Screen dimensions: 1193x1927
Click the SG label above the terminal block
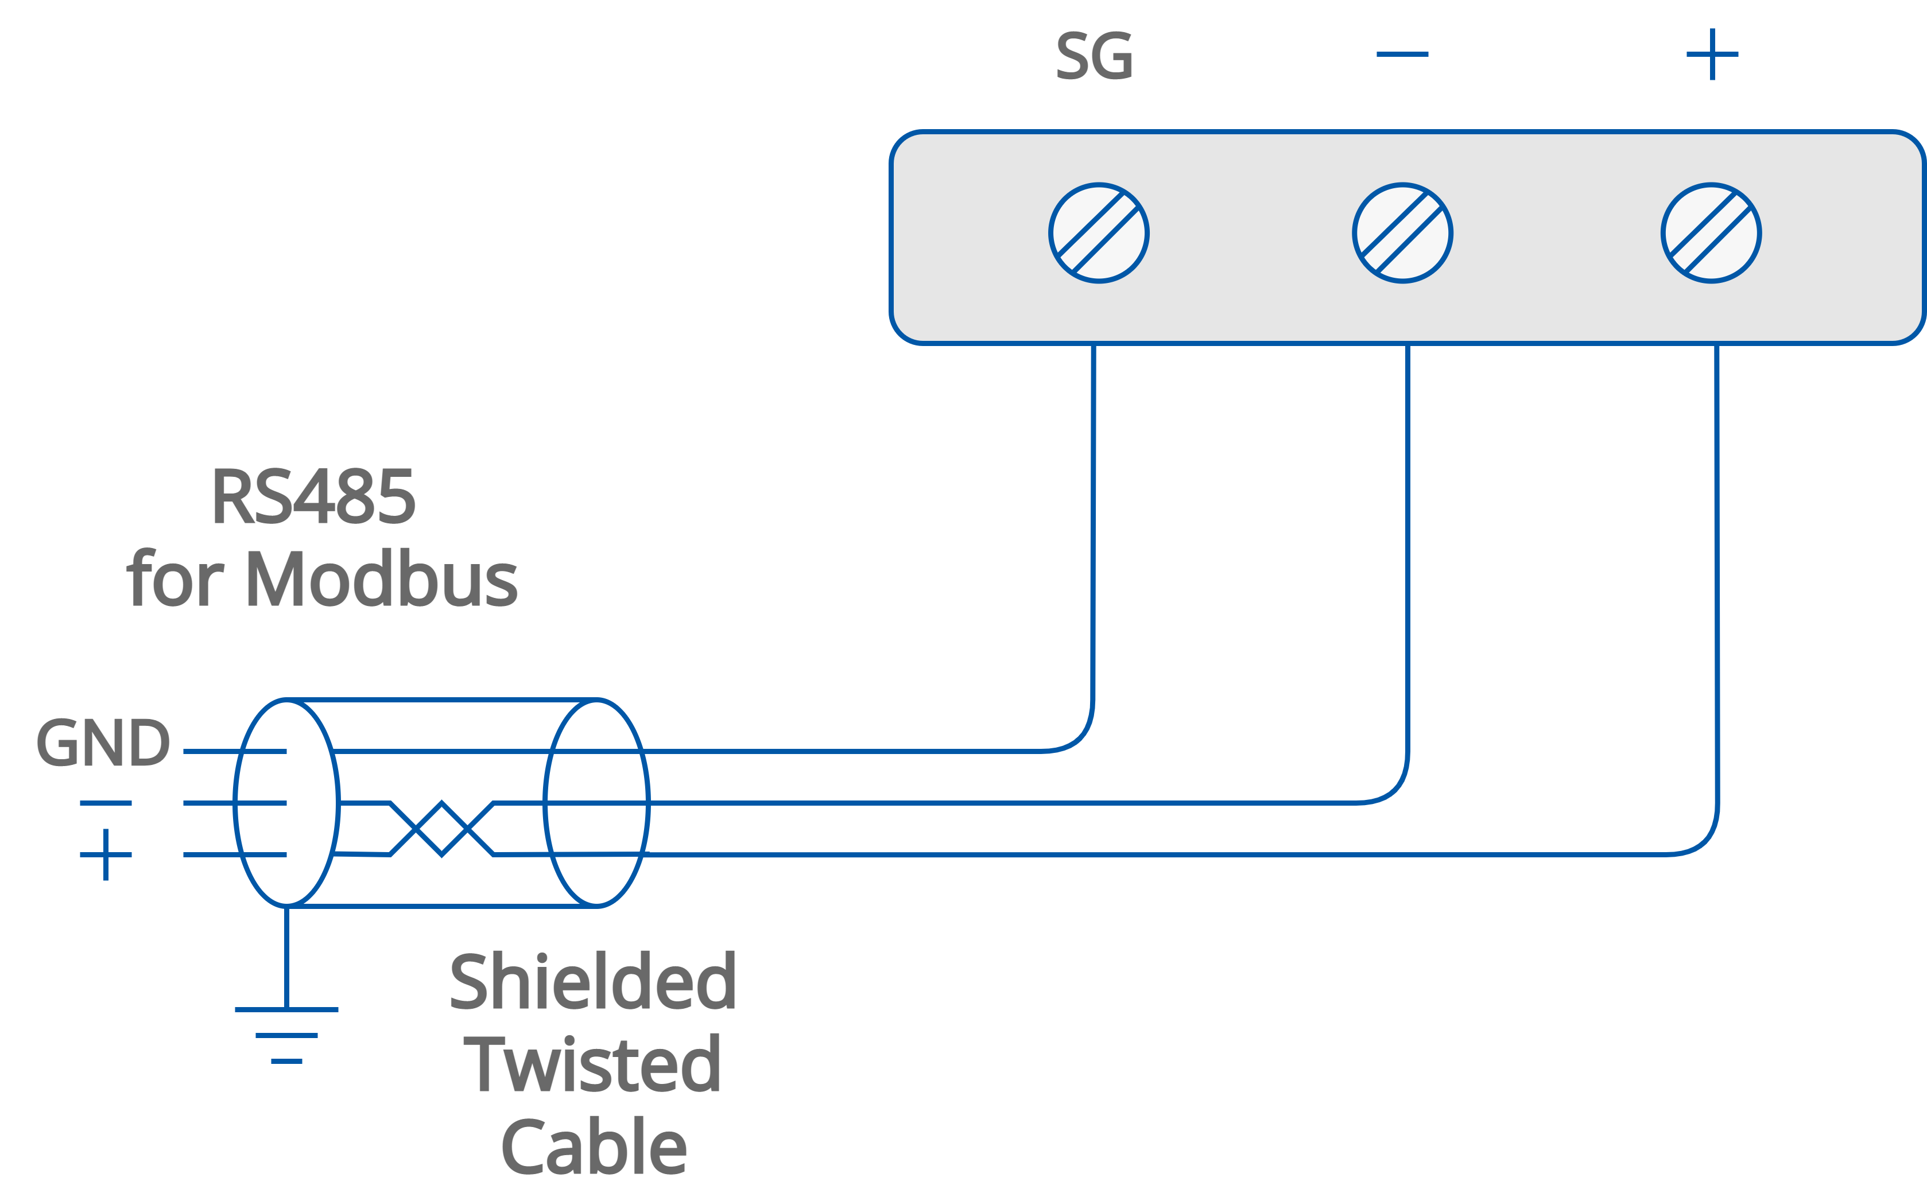pyautogui.click(x=1095, y=56)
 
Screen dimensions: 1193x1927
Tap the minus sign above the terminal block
pyautogui.click(x=1402, y=55)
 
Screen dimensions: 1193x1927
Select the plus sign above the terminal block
pyautogui.click(x=1712, y=55)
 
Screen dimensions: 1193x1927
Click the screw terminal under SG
pyautogui.click(x=1099, y=234)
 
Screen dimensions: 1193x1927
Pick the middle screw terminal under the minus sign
pyautogui.click(x=1402, y=234)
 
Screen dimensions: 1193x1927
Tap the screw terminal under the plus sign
pyautogui.click(x=1711, y=234)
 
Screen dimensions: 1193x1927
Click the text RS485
pyautogui.click(x=313, y=497)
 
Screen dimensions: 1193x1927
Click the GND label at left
pyautogui.click(x=103, y=743)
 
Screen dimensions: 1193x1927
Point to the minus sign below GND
pyautogui.click(x=106, y=803)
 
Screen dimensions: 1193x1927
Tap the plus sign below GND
pyautogui.click(x=106, y=854)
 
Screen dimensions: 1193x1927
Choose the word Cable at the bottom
pyautogui.click(x=594, y=1147)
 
